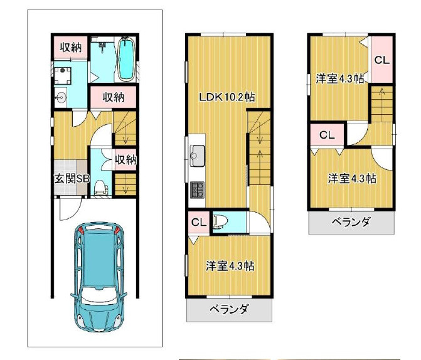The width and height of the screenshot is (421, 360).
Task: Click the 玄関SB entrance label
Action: (72, 179)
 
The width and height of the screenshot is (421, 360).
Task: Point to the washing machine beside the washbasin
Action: (63, 76)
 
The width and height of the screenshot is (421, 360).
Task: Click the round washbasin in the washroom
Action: (61, 97)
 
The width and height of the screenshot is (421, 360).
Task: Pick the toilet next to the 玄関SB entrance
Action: (104, 188)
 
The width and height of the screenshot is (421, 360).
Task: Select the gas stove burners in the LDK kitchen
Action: (198, 188)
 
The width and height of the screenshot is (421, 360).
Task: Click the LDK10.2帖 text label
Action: (226, 97)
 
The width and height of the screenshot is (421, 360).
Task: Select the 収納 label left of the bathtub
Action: (70, 46)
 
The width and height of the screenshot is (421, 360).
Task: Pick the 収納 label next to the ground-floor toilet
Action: (125, 160)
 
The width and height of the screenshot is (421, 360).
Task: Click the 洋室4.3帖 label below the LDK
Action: (230, 265)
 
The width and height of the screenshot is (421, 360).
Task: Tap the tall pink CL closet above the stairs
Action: (381, 60)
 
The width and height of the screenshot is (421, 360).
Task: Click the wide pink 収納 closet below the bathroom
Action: (113, 97)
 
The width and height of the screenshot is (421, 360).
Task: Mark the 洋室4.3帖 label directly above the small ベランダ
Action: (352, 178)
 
